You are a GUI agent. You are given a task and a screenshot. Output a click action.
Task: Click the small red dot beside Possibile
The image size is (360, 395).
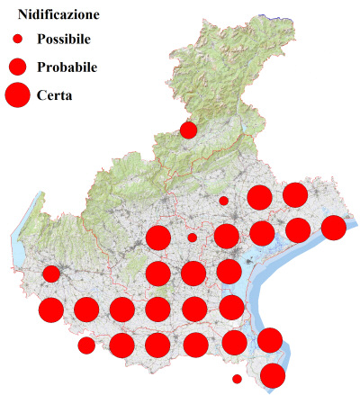point(17,40)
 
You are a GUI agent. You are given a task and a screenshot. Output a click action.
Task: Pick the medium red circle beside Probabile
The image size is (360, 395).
point(17,67)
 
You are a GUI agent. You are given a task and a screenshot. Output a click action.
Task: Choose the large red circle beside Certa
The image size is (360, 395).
point(17,94)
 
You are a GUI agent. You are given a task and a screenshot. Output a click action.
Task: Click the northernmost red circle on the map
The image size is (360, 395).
point(188,130)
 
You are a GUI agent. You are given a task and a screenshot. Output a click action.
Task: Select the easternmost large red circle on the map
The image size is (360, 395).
point(333,228)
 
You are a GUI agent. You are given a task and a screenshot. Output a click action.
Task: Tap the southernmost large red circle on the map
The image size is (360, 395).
point(273,375)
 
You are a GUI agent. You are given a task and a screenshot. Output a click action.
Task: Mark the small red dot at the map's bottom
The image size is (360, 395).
point(237,379)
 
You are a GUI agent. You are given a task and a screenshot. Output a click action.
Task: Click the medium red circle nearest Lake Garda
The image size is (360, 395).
point(51,274)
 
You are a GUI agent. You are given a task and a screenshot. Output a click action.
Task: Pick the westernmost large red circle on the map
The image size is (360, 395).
point(51,310)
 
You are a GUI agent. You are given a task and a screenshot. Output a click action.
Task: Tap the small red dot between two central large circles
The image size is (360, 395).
point(192,238)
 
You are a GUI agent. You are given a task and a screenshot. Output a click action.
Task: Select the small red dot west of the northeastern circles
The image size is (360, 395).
point(223,201)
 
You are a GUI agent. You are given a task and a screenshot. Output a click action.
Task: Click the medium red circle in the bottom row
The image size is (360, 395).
point(86,345)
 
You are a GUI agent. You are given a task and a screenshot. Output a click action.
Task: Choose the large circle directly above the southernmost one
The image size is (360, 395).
point(269,340)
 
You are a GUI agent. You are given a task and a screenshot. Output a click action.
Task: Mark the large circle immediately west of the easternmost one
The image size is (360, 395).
point(298,229)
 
